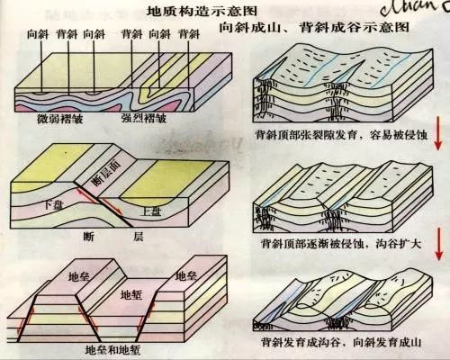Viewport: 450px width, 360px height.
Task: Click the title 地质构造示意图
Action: coord(184,12)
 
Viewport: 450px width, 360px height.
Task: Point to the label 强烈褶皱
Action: coord(145,119)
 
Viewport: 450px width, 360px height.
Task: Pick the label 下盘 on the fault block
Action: coord(54,205)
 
